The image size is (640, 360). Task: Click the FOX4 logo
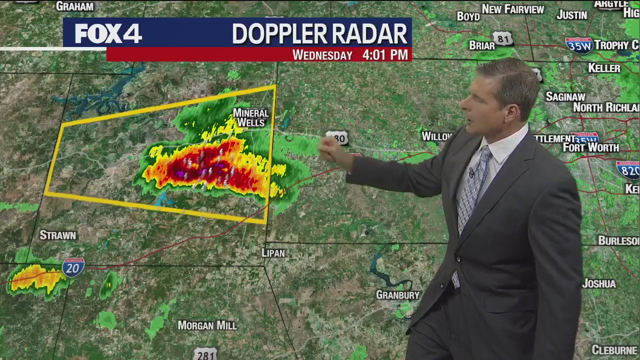coord(108,33)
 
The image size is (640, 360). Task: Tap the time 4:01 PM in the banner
coord(385,54)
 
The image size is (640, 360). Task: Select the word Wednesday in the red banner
coord(322,55)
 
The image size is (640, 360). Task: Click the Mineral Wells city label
coord(251,117)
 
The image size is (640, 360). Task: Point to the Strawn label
coord(58,235)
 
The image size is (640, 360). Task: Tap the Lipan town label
coord(273,253)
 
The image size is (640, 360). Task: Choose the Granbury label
coord(397,295)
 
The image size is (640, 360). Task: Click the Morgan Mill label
coord(207,325)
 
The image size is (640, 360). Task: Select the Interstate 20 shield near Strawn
coord(73,267)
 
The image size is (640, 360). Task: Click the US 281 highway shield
coord(205,354)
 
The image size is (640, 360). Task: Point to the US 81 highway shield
coord(502,38)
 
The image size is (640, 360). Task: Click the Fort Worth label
coord(590,147)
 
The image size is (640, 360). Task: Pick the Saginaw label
coord(565,96)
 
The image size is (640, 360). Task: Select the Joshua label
coord(598,283)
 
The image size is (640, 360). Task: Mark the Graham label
coord(74,6)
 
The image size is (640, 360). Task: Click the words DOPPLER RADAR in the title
coord(319,33)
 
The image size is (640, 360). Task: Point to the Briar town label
coord(481,45)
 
